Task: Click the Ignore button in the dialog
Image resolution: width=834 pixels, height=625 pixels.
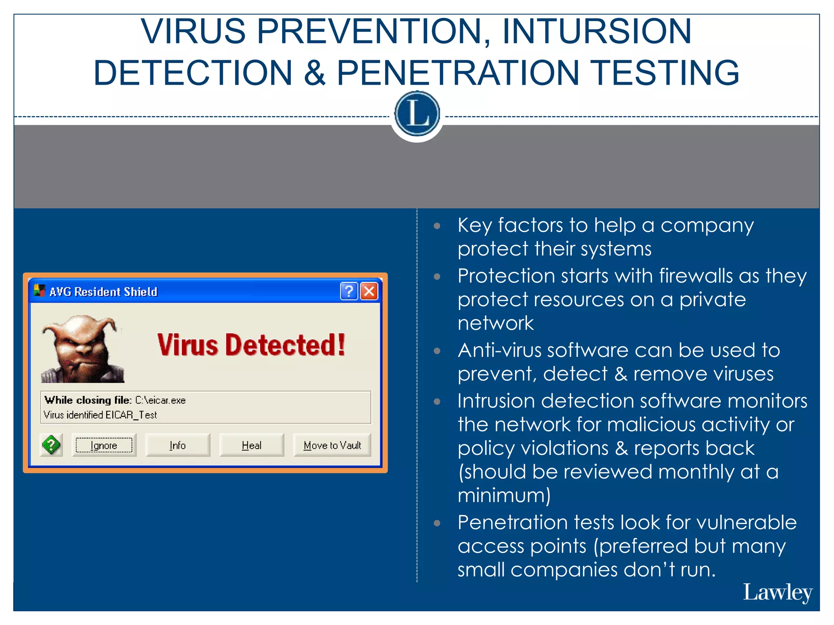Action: [104, 445]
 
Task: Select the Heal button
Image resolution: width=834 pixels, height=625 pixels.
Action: [252, 445]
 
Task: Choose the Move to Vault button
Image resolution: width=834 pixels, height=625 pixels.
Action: [332, 445]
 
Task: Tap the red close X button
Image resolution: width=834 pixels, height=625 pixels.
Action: [369, 291]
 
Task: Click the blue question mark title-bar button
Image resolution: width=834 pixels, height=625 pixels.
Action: [349, 291]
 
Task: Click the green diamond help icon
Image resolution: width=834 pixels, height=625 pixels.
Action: [51, 445]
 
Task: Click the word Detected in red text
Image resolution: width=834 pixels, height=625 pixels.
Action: [285, 345]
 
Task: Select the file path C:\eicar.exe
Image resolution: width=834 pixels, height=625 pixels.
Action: [160, 400]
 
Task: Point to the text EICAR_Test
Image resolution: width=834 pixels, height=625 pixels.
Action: [131, 415]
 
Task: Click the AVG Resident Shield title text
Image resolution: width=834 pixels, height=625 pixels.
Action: [103, 292]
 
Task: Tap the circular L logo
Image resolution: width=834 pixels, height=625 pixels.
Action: [417, 114]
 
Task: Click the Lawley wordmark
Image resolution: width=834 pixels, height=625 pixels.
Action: [777, 592]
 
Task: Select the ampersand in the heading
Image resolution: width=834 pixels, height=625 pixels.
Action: [314, 73]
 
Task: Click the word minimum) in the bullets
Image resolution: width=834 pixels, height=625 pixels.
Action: [504, 496]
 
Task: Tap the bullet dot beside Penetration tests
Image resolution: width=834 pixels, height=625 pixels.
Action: [437, 523]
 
